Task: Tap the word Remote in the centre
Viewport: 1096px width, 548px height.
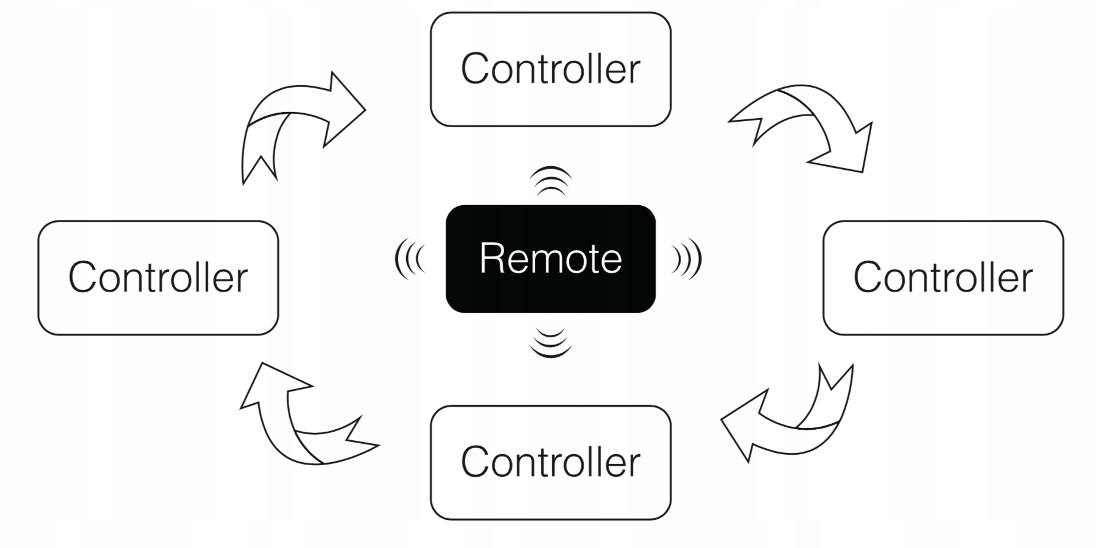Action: coord(550,259)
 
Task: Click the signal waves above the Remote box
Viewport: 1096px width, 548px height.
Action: coord(550,181)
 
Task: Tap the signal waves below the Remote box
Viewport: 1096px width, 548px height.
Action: coord(550,342)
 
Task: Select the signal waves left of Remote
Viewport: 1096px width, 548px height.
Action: coord(409,259)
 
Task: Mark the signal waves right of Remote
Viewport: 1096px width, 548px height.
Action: coord(687,259)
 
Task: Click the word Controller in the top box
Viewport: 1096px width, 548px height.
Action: coord(550,69)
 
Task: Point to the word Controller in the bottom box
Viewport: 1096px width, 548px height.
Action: coord(550,462)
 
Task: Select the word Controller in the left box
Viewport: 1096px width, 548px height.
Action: coord(158,278)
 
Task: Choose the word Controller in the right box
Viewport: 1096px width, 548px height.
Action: coord(943,278)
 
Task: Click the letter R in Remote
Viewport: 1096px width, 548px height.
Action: coord(491,259)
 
